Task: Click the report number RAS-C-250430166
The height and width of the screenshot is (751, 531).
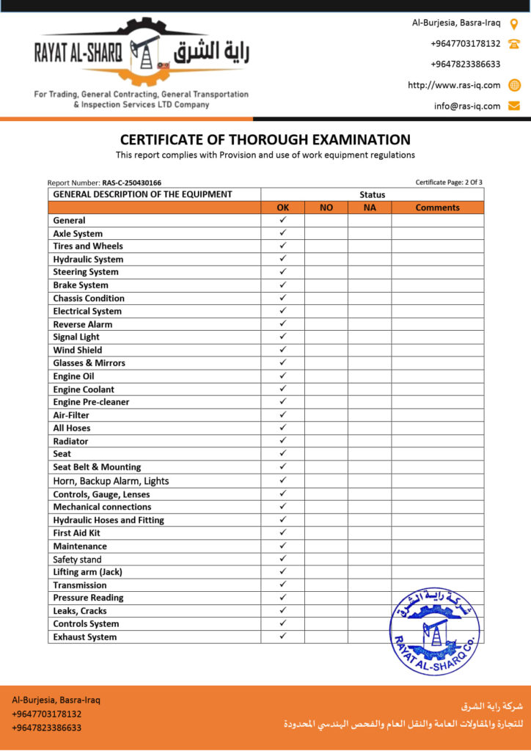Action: tap(131, 183)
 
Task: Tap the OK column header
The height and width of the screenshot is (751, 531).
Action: tap(282, 208)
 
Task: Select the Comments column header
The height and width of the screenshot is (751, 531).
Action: tap(437, 208)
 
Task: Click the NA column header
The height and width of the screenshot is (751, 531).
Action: tap(370, 208)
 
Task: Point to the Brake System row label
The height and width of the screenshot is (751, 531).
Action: tap(81, 285)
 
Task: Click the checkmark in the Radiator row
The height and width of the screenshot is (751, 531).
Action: tap(282, 441)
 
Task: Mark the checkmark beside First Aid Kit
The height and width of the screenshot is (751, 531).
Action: tap(282, 532)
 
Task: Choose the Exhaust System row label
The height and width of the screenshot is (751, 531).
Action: tap(84, 637)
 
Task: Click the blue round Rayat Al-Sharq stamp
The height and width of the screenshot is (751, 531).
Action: tap(434, 630)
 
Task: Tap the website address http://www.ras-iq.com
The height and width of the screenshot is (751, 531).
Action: tap(454, 85)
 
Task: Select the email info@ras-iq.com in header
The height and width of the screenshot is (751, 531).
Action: tap(467, 106)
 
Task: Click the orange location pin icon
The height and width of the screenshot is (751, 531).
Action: tap(514, 23)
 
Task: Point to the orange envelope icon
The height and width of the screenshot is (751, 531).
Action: tap(514, 106)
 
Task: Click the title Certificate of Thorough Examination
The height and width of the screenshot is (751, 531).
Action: tap(265, 139)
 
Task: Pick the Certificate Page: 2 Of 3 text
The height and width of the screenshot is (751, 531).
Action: tap(449, 183)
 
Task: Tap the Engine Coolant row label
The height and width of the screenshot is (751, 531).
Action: tap(84, 389)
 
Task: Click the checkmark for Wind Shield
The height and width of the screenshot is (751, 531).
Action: tap(282, 350)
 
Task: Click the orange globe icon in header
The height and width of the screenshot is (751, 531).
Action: tap(514, 85)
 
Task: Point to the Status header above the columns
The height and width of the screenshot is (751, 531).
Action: tap(372, 194)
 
